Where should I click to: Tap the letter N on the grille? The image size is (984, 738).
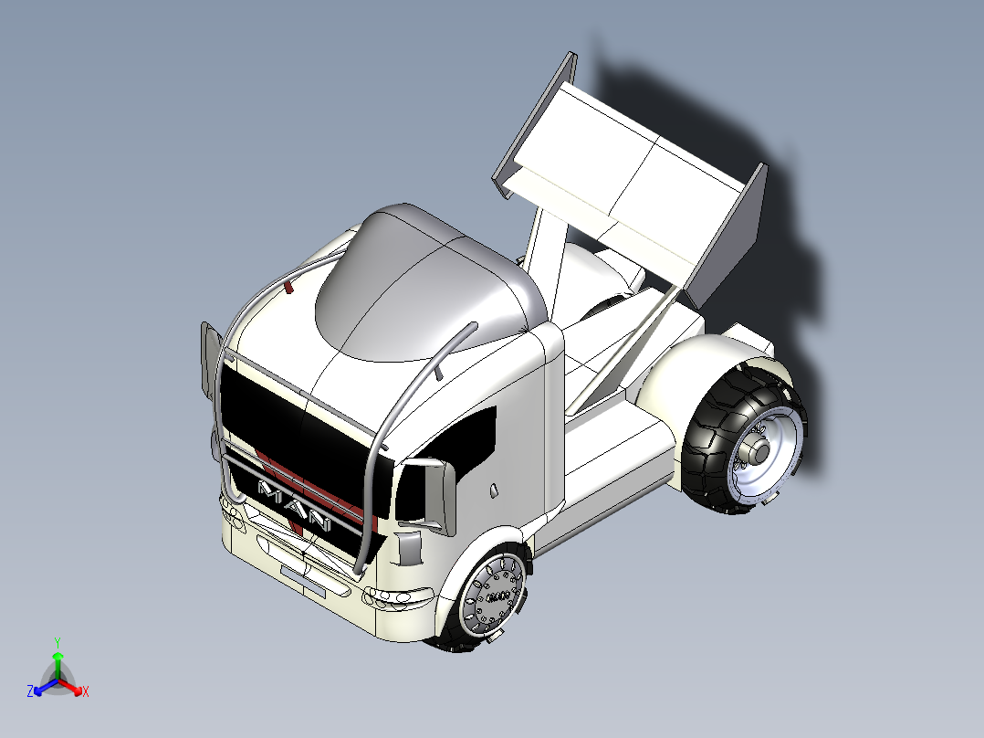coord(319,522)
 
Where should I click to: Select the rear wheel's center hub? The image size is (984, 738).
coord(759,450)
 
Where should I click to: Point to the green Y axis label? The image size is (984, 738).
coord(57,642)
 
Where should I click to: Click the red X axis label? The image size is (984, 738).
coord(85,692)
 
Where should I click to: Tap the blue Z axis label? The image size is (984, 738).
coord(30,691)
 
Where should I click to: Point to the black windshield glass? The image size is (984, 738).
coord(292,429)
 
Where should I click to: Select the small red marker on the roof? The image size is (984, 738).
coord(289,289)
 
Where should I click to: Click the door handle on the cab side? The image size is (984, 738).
coord(494,490)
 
